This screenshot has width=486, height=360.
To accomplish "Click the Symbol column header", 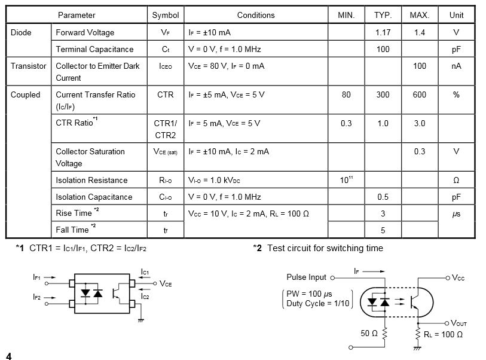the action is click(x=166, y=15).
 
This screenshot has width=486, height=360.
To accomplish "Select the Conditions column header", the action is click(x=256, y=15).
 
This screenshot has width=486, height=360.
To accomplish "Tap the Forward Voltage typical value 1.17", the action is click(x=383, y=32).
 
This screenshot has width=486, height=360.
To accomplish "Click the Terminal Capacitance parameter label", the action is click(x=94, y=49).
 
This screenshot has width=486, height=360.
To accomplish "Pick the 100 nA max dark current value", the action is click(x=420, y=66).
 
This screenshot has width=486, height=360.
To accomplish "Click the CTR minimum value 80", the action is click(x=346, y=94).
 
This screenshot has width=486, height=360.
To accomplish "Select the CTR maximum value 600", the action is click(x=420, y=94).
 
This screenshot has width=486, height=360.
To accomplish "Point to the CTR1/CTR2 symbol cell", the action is click(x=166, y=129).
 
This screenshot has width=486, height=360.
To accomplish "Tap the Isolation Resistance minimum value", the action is click(x=346, y=179).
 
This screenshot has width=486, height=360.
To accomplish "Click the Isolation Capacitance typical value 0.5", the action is click(x=383, y=197).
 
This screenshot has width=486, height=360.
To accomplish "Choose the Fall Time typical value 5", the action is click(x=383, y=230).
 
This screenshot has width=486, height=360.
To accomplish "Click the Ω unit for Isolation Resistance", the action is click(x=456, y=180).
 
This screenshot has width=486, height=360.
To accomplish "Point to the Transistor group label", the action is click(x=28, y=66).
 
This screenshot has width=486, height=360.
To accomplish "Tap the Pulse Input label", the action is click(x=306, y=277).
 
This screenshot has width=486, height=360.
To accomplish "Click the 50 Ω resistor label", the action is click(x=369, y=333).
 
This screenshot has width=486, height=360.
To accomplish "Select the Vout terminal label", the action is click(x=459, y=323).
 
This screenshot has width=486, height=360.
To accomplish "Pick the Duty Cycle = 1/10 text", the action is click(x=317, y=303).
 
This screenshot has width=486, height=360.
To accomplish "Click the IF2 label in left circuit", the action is click(x=36, y=297).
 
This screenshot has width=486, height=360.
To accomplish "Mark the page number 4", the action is click(x=9, y=356).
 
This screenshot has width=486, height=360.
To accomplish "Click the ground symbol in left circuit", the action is click(x=140, y=320).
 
